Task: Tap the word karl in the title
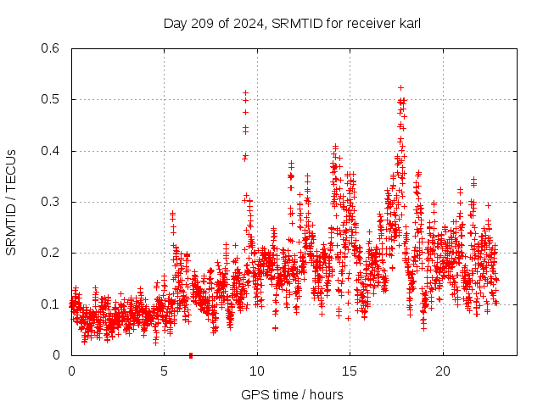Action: point(409,23)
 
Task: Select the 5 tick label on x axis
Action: point(164,371)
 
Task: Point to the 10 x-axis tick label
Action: point(257,371)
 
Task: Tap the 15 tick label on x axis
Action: point(350,371)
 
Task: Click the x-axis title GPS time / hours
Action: point(292,394)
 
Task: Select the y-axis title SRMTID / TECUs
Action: point(11,202)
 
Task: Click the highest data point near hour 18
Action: point(400,87)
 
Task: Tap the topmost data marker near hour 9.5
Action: point(245,92)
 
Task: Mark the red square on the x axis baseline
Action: point(191,355)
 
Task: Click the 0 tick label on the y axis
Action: point(56,355)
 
